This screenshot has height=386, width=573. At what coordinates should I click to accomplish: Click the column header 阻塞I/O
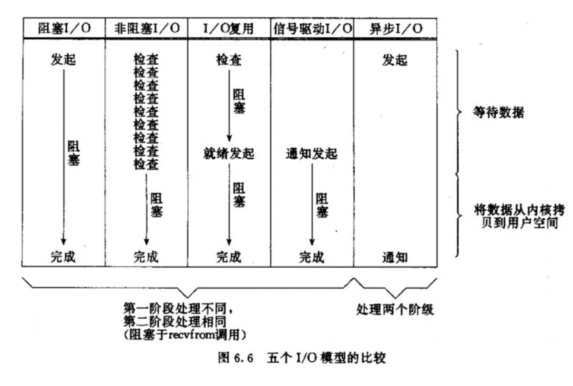coord(63,28)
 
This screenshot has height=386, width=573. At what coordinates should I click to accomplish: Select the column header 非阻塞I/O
coord(147,28)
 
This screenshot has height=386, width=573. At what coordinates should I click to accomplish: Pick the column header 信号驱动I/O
coord(312,28)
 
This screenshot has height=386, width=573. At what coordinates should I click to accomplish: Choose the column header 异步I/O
coord(395,28)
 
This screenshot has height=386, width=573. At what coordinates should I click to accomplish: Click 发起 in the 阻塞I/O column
coord(63,61)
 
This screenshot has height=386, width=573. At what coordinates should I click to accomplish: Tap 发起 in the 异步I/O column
coord(395,61)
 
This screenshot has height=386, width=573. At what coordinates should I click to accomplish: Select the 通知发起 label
coord(311,154)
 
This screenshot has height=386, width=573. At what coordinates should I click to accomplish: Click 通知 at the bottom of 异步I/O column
coord(395,258)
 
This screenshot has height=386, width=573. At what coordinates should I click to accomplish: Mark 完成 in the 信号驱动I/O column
coord(311,258)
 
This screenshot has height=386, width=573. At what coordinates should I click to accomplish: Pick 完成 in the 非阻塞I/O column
coord(146,258)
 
